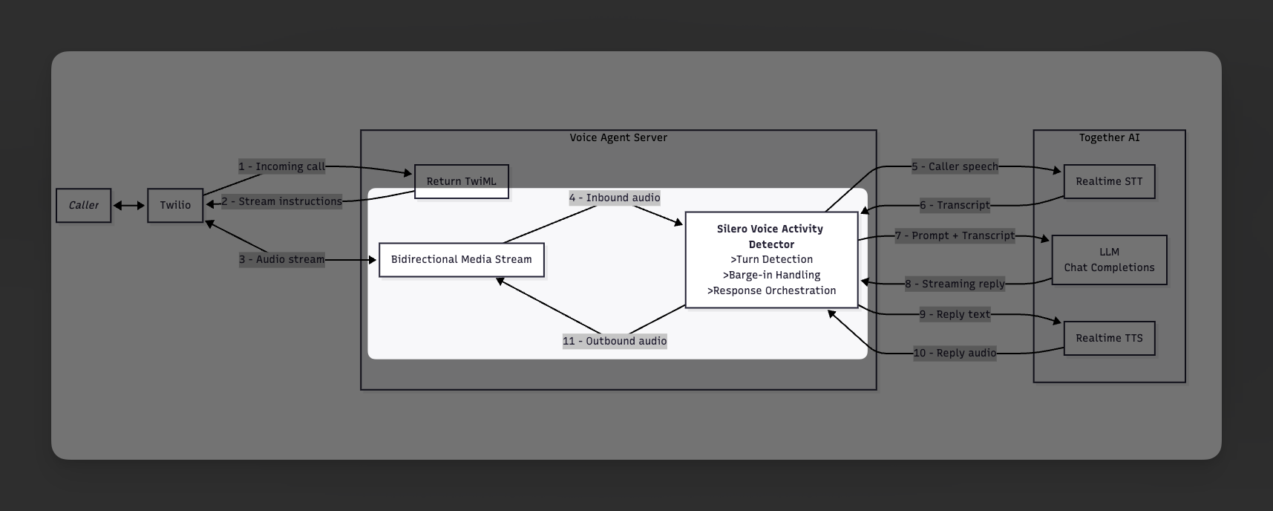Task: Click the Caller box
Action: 83,205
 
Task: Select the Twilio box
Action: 175,205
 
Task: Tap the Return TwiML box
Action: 461,181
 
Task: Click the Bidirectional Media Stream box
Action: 461,260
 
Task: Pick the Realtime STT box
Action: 1109,181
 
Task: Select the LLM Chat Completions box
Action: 1109,260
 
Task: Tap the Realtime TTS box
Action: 1109,338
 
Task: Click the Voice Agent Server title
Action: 618,137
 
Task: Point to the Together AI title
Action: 1109,137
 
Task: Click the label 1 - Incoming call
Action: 281,166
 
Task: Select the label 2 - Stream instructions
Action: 281,201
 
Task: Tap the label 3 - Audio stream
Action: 281,259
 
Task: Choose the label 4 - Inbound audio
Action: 615,198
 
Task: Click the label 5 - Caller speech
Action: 955,166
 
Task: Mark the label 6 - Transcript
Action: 955,205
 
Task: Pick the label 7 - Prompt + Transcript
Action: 955,235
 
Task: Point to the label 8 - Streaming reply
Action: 955,284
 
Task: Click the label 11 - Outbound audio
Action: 615,341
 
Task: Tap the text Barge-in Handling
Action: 771,275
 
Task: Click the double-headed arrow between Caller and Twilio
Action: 129,206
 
